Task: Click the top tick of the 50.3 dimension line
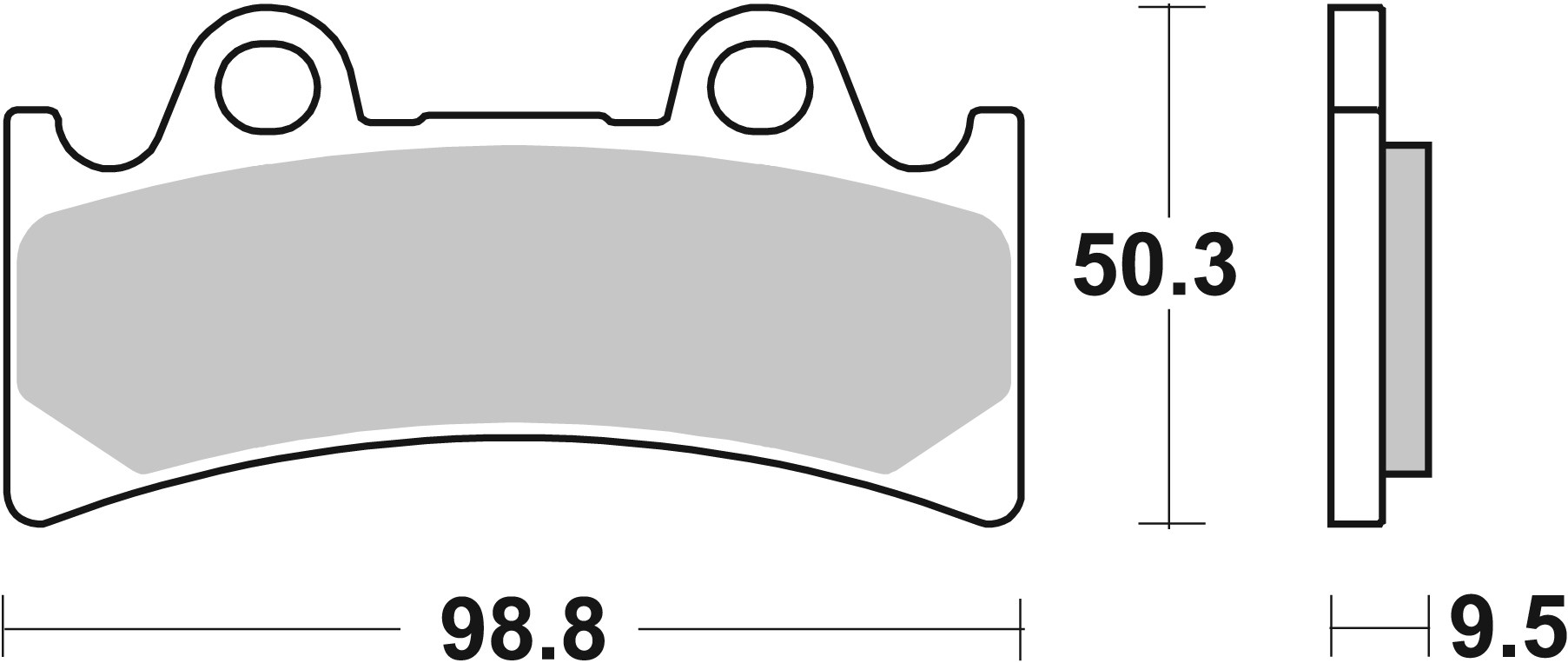click(1170, 7)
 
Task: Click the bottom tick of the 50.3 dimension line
click(1170, 524)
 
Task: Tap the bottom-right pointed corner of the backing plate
click(989, 523)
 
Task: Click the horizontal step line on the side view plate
click(1355, 110)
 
